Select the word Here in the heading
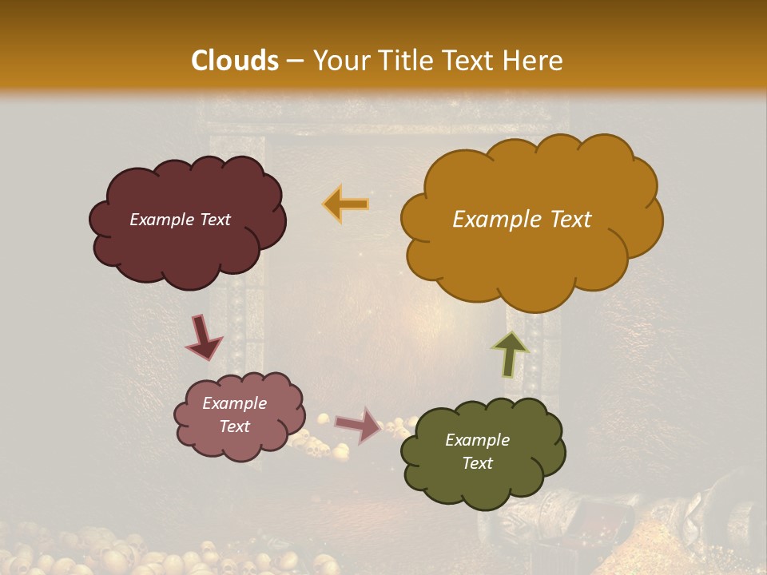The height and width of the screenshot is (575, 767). click(x=534, y=61)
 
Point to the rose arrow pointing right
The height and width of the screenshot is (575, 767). click(x=359, y=425)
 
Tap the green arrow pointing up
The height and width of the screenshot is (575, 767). click(x=511, y=352)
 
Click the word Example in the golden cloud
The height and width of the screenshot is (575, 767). click(x=491, y=220)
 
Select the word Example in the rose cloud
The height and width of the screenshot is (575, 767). click(x=235, y=403)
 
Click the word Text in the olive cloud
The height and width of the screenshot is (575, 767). click(x=477, y=463)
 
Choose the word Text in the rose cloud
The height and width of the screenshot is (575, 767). click(x=235, y=426)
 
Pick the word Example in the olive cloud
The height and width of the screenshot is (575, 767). click(x=477, y=440)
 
